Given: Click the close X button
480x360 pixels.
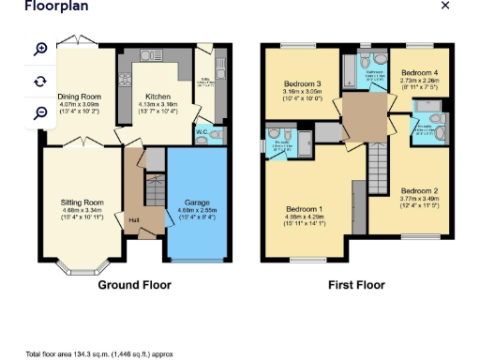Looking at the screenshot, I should [x=445, y=6].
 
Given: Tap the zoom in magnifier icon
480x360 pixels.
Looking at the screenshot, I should [x=40, y=49].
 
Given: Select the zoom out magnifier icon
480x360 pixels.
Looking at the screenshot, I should [x=40, y=112].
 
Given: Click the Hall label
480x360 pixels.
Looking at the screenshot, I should [x=133, y=221].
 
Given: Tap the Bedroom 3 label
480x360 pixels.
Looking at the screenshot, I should [x=302, y=84].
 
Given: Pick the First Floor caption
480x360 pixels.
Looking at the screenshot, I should [x=357, y=285].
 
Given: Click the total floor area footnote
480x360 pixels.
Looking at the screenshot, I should [x=99, y=354].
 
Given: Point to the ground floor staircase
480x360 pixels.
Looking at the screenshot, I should [x=154, y=193].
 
